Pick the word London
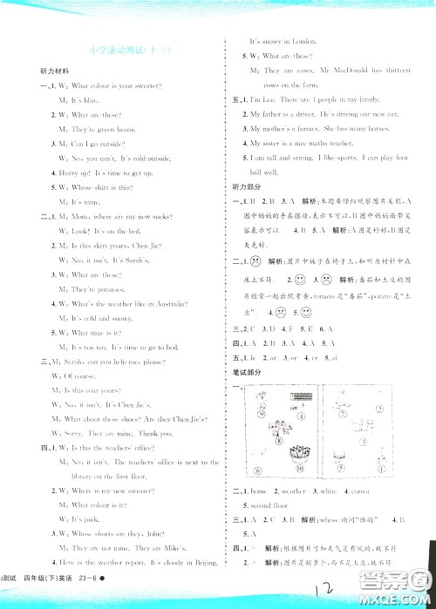coord(310,42)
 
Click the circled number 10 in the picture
coord(264,464)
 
